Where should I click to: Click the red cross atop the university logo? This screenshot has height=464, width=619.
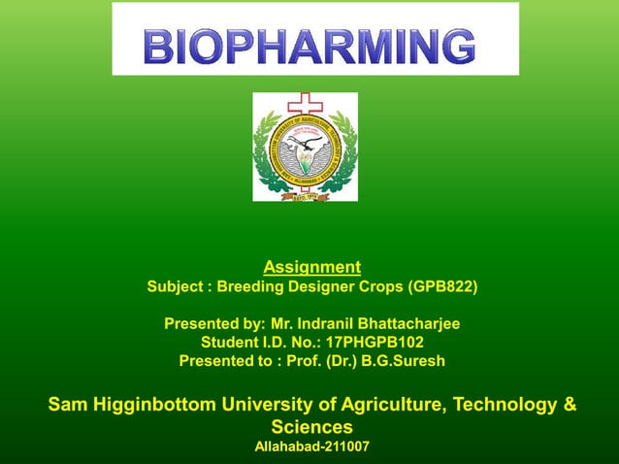click(x=306, y=105)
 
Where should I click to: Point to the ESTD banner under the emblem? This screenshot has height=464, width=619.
click(x=305, y=194)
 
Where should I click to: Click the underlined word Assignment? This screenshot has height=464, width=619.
click(x=311, y=267)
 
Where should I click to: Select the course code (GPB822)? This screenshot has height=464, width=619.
click(x=443, y=287)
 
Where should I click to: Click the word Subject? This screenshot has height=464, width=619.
click(x=176, y=287)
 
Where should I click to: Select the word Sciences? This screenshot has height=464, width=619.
click(x=311, y=427)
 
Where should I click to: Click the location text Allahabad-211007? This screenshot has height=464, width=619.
click(x=311, y=447)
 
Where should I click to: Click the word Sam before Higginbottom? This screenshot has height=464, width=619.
click(x=68, y=404)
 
